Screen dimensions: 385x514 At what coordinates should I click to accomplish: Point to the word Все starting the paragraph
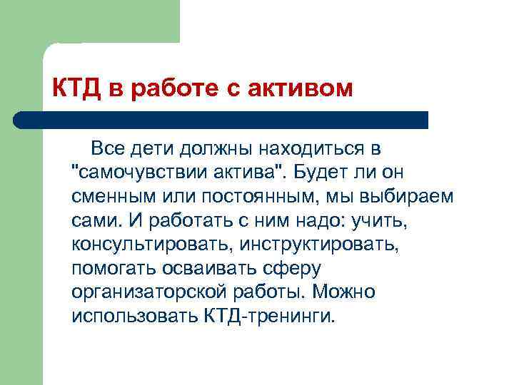[x=107, y=149]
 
